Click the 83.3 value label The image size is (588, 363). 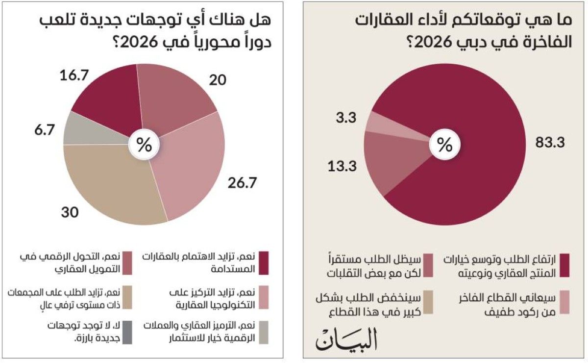click(551, 143)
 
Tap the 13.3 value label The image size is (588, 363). click(343, 166)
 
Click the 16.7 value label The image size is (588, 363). click(77, 75)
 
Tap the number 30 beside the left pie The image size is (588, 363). click(71, 213)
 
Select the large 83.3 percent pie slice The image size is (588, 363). click(470, 162)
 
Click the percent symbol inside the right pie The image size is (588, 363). click(444, 145)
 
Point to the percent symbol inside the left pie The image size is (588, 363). click(144, 145)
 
